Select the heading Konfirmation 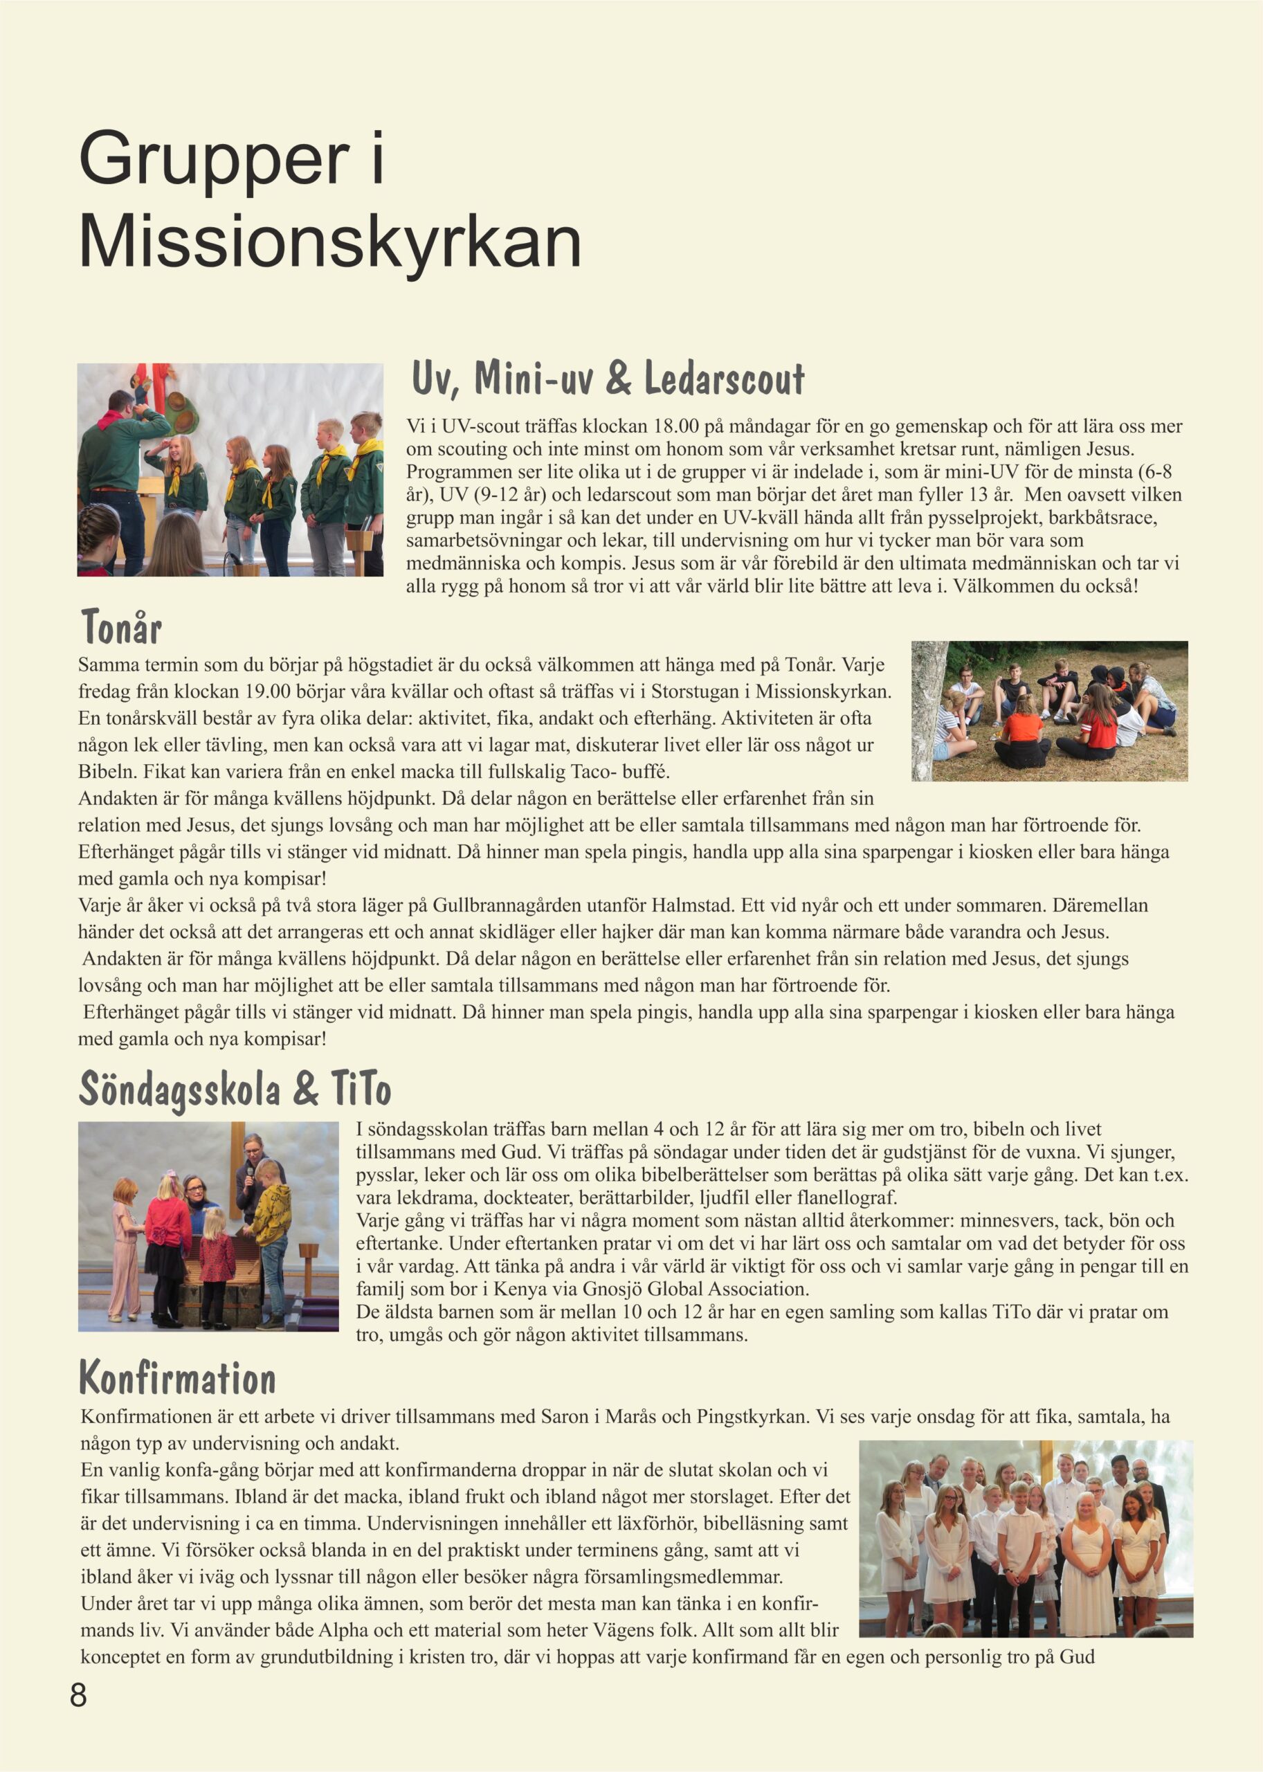[x=178, y=1379]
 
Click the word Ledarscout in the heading [x=724, y=379]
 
